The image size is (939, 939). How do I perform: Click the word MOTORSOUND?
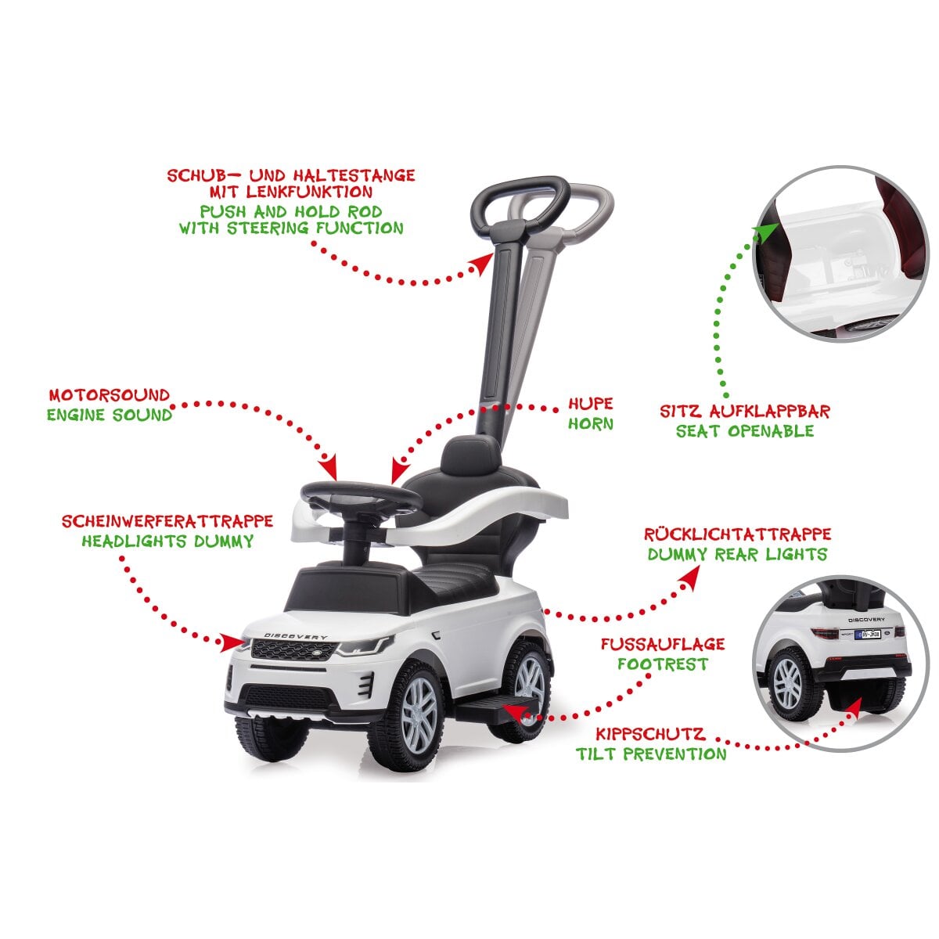[x=109, y=394]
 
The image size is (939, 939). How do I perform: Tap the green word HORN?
[x=590, y=424]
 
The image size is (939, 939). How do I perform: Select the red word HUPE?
[x=590, y=404]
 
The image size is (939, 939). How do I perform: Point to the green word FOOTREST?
[x=663, y=664]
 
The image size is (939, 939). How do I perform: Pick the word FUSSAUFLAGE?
[x=663, y=644]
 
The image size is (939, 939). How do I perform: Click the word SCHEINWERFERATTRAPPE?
[x=167, y=521]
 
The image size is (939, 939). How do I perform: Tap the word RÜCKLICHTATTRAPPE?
[x=737, y=534]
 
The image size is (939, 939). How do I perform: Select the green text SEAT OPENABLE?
[x=745, y=430]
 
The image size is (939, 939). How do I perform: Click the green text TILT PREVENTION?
[x=651, y=754]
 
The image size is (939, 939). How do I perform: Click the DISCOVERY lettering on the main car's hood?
[x=296, y=636]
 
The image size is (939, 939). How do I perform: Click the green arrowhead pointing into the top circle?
[x=767, y=232]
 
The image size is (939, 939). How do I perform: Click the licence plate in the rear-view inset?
[x=867, y=634]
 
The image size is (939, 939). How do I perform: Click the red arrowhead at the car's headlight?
[x=231, y=642]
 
